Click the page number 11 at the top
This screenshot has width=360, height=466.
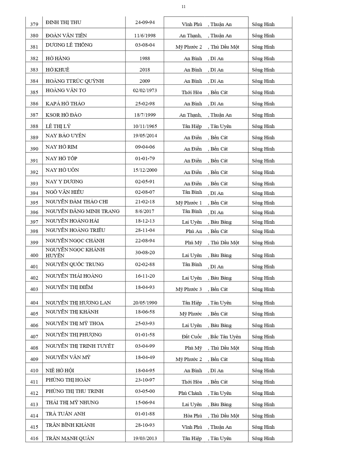click(x=183, y=7)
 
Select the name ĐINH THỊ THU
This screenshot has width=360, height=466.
click(x=63, y=22)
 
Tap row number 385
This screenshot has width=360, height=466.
click(x=34, y=92)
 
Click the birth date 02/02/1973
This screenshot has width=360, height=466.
click(x=145, y=90)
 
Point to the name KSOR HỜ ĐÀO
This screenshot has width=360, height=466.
click(x=63, y=115)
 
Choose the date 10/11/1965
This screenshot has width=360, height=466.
click(x=145, y=126)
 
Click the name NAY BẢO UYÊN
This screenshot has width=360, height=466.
click(x=66, y=135)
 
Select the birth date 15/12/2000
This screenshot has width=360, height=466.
click(x=145, y=170)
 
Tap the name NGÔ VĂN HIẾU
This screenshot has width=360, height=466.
click(x=65, y=192)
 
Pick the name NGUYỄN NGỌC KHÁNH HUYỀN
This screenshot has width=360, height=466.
click(x=75, y=253)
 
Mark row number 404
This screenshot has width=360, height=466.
click(x=34, y=303)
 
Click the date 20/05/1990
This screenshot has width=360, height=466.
click(x=145, y=303)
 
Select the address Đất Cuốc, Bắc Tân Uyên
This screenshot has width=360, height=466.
click(x=211, y=336)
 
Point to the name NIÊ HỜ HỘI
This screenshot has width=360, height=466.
click(x=60, y=370)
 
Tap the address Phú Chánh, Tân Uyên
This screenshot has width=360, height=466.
click(x=205, y=393)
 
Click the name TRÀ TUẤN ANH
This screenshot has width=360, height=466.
click(x=65, y=414)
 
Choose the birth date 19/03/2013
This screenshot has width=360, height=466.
click(x=145, y=438)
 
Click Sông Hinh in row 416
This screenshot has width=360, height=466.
click(x=263, y=438)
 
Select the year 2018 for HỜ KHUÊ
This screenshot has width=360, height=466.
click(x=145, y=70)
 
